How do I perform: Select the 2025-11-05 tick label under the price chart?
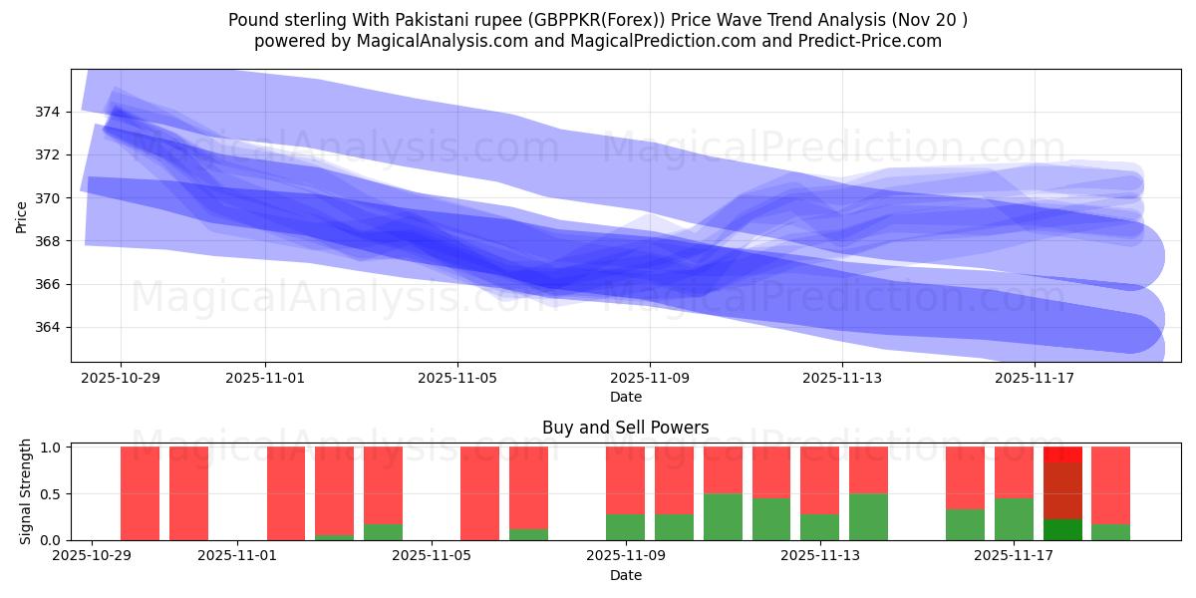pos(457,379)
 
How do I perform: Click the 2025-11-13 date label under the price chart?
pos(842,379)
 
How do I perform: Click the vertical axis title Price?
pos(22,215)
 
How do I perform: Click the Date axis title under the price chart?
pos(626,397)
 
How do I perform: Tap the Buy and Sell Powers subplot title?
pos(626,428)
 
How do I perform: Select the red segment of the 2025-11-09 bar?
pos(625,479)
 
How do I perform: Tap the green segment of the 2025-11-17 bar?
pos(1014,518)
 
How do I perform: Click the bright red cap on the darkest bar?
pos(1062,454)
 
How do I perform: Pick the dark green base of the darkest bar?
pos(1062,529)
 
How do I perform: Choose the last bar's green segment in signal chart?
pos(1110,532)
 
